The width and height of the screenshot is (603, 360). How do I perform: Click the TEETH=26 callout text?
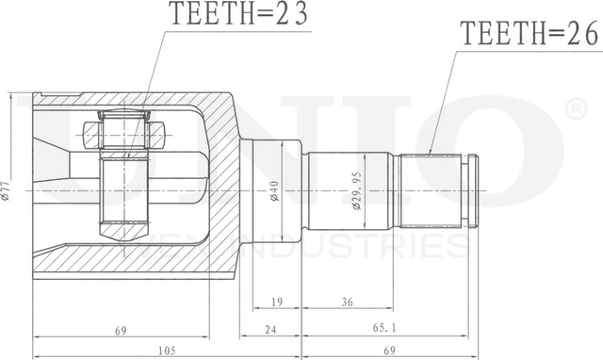pyautogui.click(x=528, y=36)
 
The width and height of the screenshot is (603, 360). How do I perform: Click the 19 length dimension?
pyautogui.click(x=276, y=303)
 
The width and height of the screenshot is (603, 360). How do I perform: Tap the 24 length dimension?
pyautogui.click(x=270, y=329)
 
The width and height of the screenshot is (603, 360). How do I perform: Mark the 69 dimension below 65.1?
pyautogui.click(x=388, y=352)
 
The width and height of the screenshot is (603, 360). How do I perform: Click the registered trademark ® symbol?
pyautogui.click(x=575, y=111)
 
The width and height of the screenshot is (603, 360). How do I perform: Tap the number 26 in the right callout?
pyautogui.click(x=579, y=36)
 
